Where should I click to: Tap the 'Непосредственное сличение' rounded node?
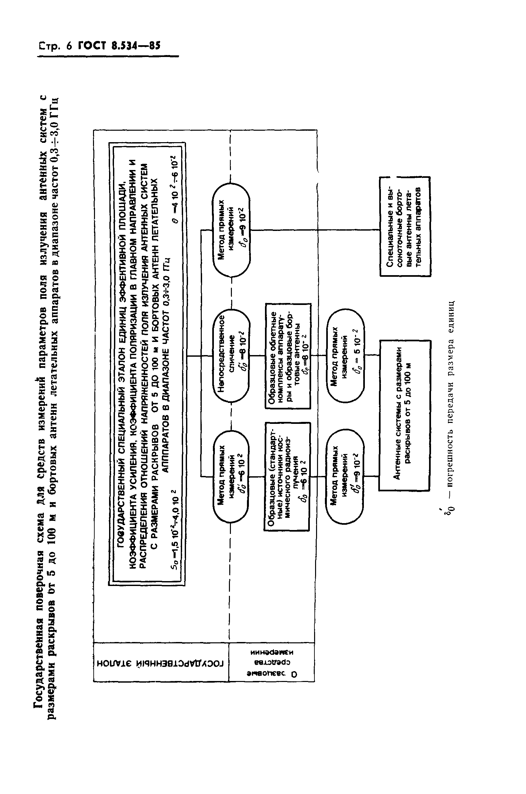(x=232, y=356)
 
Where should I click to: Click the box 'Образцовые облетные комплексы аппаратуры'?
(x=288, y=356)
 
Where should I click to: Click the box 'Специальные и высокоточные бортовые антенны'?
(x=405, y=226)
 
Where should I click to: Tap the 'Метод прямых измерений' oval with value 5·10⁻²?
(x=346, y=356)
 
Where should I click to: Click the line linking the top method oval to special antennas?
(x=315, y=230)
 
